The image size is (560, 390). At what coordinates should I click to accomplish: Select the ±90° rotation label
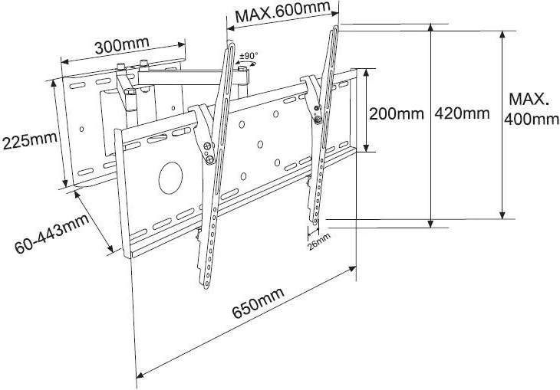[249, 56]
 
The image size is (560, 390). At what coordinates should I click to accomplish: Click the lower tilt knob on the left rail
[209, 159]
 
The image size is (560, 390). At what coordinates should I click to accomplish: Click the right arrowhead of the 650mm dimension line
[354, 267]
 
